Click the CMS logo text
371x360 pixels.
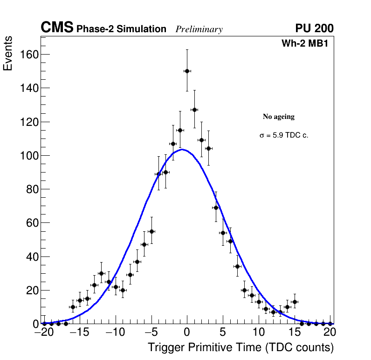click(57, 28)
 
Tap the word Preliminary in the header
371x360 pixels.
click(199, 29)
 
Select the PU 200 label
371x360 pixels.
click(314, 28)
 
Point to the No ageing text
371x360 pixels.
click(279, 117)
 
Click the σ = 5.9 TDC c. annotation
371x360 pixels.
click(284, 136)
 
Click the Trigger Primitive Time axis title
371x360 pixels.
click(240, 347)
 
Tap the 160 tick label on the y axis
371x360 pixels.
click(29, 55)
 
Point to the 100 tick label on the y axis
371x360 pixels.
click(29, 155)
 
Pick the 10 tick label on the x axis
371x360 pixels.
click(259, 332)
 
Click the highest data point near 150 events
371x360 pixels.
click(187, 71)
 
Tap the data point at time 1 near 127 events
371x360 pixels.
click(194, 110)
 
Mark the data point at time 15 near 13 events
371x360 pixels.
click(295, 302)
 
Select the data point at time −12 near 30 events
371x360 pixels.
click(101, 273)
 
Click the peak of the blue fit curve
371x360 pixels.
click(183, 150)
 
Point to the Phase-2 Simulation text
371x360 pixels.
click(121, 29)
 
